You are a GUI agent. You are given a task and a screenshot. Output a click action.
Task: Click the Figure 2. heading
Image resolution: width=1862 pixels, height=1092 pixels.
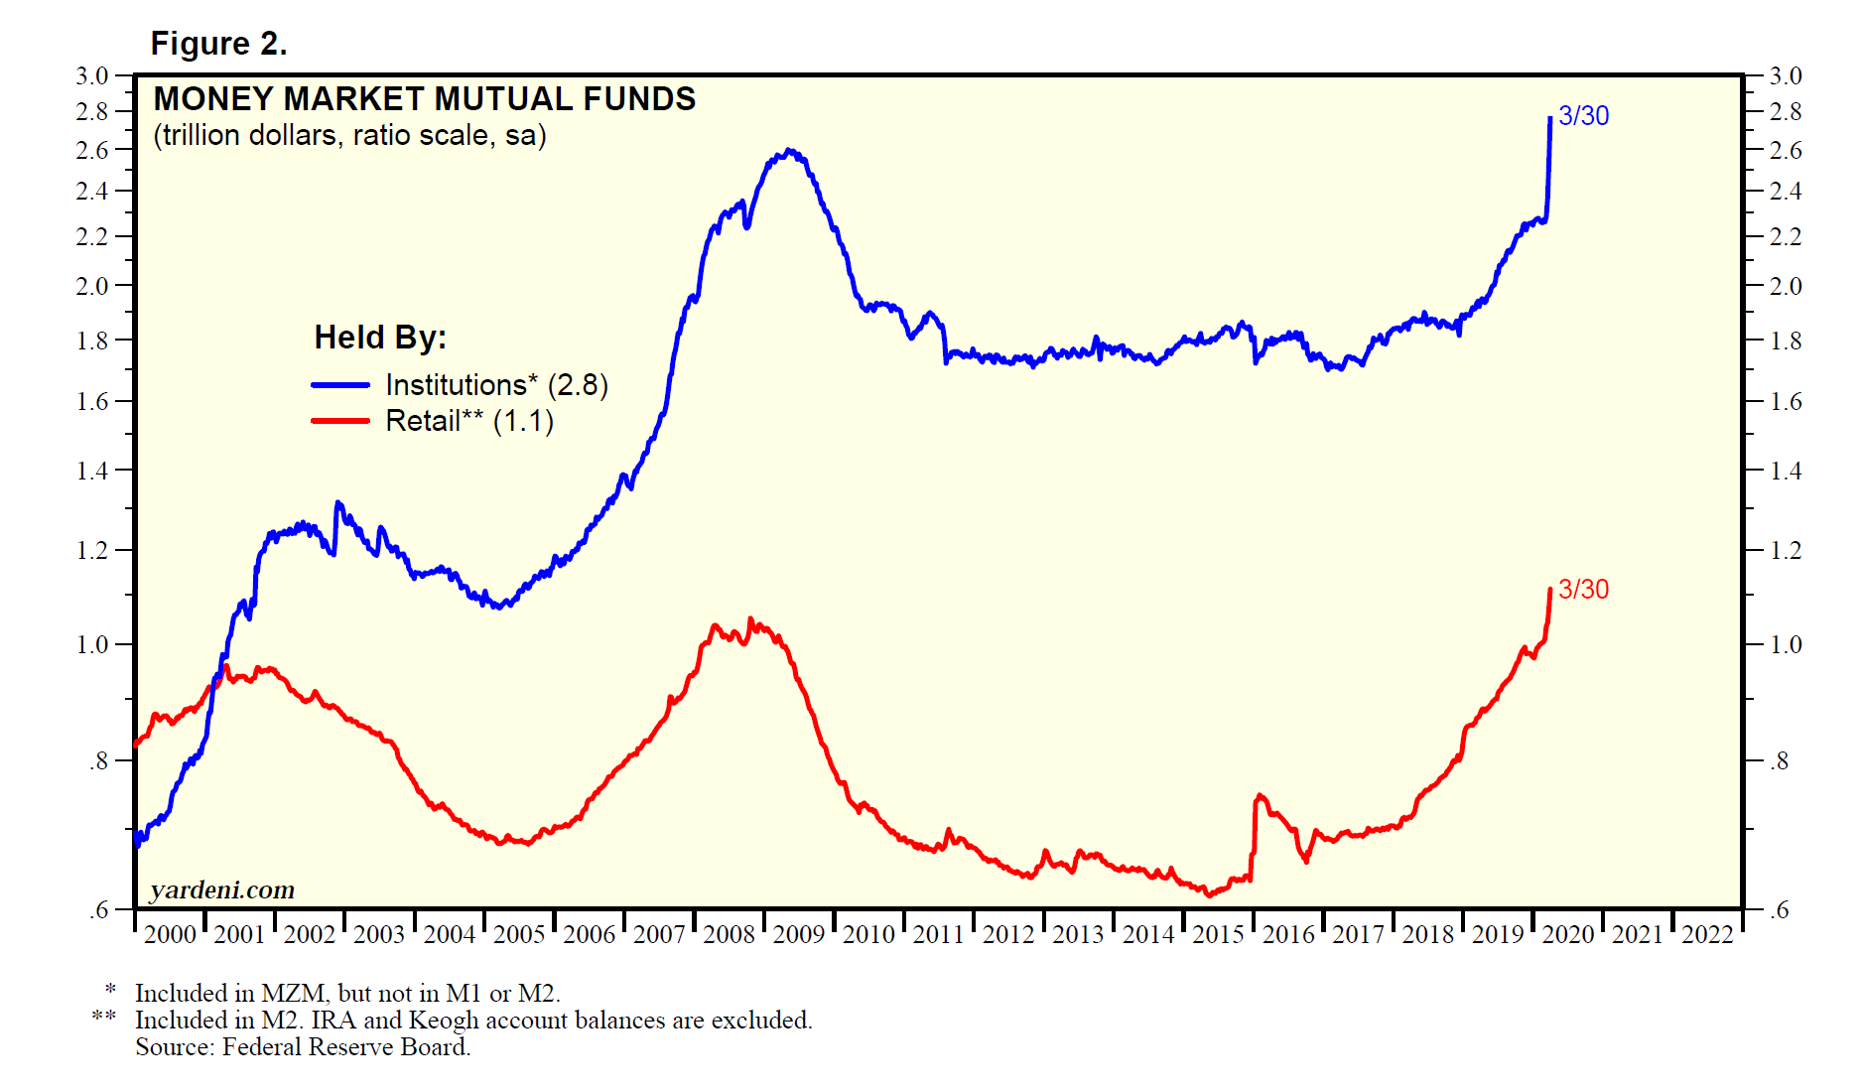[x=218, y=44]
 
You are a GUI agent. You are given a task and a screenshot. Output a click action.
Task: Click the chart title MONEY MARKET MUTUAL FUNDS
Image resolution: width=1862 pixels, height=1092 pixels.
[x=425, y=99]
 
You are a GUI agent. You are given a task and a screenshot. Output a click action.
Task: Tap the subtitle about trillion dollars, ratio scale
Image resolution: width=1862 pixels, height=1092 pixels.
[x=349, y=135]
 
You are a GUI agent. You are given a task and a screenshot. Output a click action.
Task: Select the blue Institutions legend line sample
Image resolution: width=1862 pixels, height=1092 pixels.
[x=340, y=385]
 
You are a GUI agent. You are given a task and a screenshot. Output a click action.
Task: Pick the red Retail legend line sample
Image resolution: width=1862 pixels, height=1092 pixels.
[x=340, y=421]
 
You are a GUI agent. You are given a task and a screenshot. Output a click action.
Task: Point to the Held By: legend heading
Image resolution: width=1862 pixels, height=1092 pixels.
[x=380, y=338]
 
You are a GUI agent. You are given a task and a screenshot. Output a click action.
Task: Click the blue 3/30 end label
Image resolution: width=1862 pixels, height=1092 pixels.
[x=1583, y=116]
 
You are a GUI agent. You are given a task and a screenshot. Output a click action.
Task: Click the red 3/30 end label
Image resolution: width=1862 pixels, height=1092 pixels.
[x=1583, y=590]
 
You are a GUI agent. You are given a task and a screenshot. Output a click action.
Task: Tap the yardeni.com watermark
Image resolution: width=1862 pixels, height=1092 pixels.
[x=222, y=889]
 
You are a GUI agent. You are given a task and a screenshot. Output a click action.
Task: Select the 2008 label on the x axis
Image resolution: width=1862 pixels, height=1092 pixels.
[x=729, y=934]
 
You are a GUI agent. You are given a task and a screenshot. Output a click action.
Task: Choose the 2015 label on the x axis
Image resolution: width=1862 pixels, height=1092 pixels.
[x=1218, y=934]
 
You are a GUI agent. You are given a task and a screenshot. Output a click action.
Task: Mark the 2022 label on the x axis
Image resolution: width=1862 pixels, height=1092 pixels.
[x=1707, y=934]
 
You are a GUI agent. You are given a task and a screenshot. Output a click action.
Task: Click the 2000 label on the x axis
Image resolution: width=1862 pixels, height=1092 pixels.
[x=170, y=934]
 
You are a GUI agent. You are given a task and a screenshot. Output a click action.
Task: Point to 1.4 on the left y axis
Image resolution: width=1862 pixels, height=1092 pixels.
[x=92, y=471]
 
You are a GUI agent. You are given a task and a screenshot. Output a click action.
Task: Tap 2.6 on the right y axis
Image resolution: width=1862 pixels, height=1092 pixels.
[x=1786, y=150]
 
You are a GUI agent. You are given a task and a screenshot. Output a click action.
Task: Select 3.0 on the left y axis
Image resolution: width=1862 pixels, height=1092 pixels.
[x=92, y=75]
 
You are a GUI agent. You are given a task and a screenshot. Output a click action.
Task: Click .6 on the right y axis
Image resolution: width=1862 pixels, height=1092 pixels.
[x=1781, y=909]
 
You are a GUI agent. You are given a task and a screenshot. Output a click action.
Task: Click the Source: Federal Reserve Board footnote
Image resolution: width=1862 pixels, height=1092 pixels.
[x=303, y=1047]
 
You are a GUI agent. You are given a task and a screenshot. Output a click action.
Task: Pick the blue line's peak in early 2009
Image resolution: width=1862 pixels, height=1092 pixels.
[x=789, y=151]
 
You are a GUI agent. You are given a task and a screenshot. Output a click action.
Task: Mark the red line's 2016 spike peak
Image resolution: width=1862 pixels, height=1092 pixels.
[x=1260, y=795]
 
